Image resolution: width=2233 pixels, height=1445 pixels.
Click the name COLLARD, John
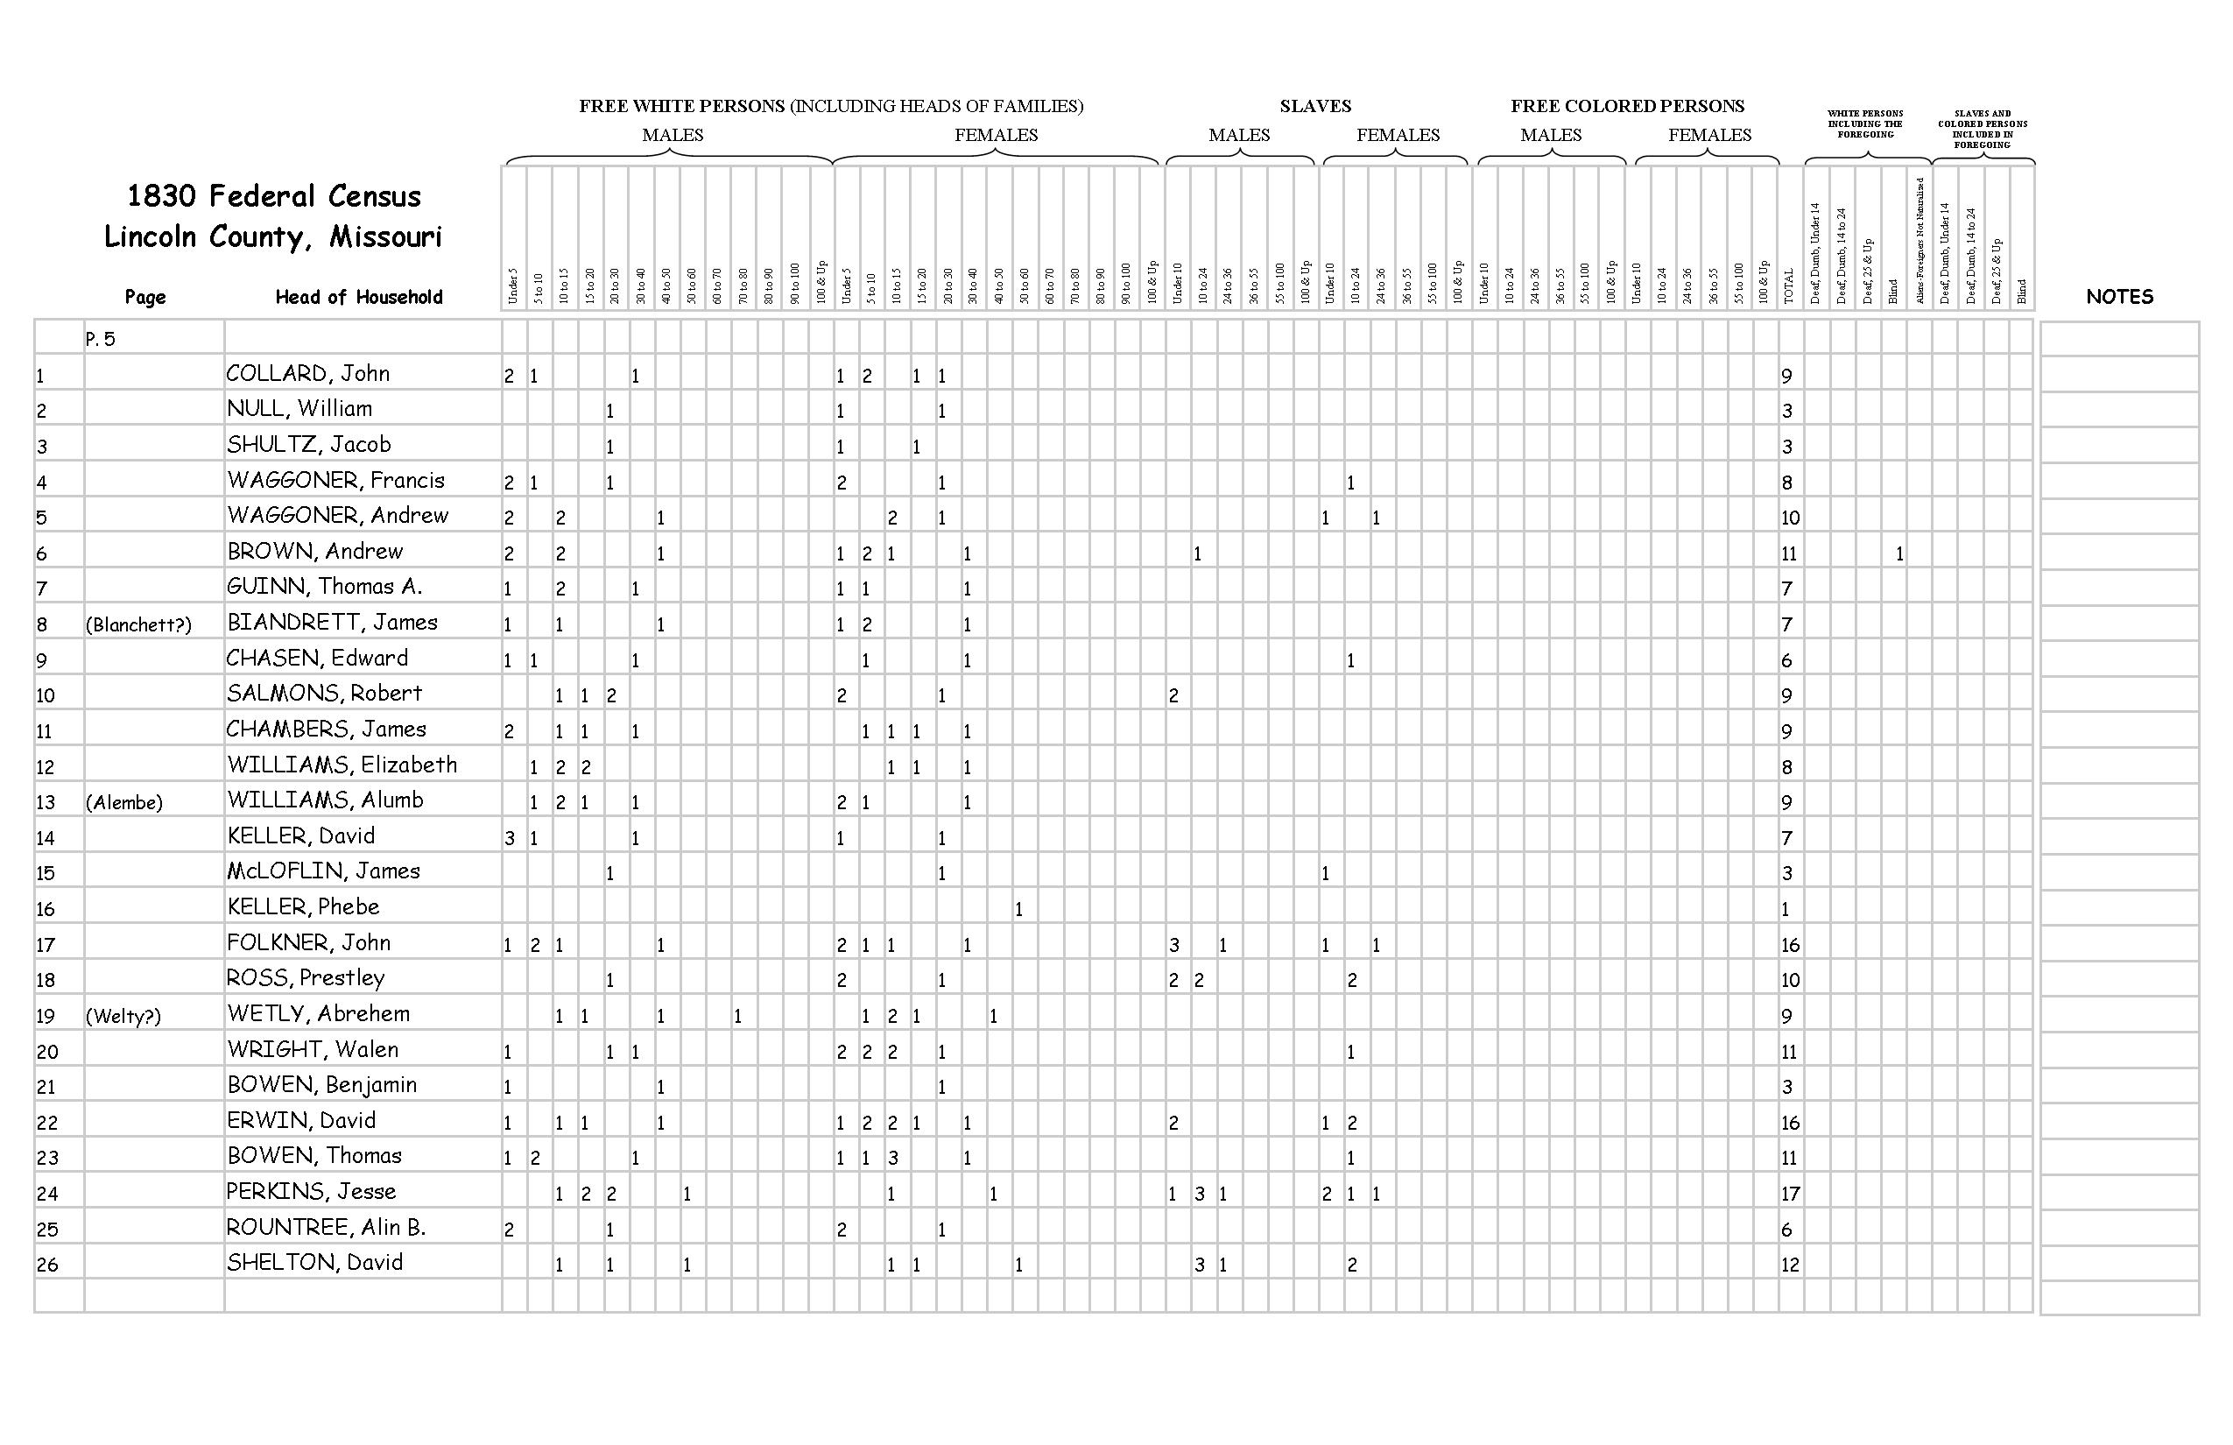point(307,373)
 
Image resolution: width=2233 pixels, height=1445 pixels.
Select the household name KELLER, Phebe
point(303,906)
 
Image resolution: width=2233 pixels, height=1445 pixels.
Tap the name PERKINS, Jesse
point(311,1192)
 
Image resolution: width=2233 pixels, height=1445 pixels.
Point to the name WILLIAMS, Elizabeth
point(342,765)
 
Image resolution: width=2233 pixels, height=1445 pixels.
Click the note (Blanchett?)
point(138,625)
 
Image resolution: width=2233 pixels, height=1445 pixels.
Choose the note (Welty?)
point(123,1016)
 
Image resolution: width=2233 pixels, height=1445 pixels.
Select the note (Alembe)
point(123,802)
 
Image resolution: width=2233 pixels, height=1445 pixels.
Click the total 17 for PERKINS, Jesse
point(1790,1194)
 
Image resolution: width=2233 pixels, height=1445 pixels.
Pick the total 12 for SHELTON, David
point(1790,1265)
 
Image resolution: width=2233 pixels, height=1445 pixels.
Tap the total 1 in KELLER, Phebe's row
point(1785,909)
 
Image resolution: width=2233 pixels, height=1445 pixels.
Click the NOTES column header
point(2118,297)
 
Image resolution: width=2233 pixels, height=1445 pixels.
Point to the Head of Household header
point(358,298)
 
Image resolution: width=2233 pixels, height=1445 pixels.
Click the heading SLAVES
point(1314,106)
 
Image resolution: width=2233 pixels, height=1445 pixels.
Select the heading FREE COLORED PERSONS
point(1627,106)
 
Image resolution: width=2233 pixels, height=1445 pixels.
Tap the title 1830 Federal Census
point(274,196)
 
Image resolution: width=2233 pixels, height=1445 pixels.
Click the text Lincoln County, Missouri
point(272,236)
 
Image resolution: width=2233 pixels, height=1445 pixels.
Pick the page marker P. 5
point(101,340)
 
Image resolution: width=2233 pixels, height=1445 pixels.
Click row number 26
point(47,1265)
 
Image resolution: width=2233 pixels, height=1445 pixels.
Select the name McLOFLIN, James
point(323,871)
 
